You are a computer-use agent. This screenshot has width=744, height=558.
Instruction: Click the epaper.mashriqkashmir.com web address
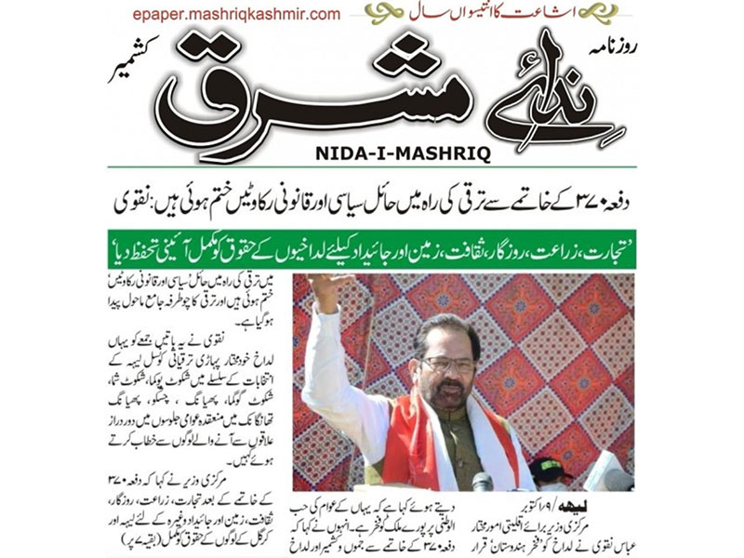click(236, 14)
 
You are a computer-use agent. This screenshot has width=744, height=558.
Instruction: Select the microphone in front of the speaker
click(482, 482)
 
